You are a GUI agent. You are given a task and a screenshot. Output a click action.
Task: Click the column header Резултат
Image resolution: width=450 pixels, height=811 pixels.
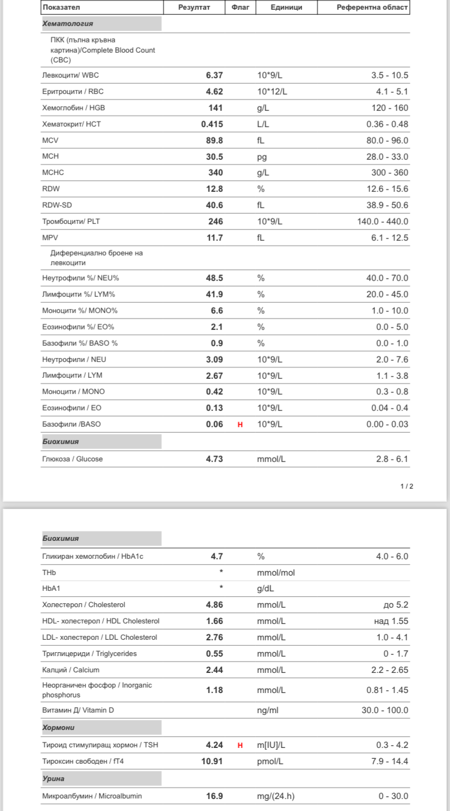point(194,8)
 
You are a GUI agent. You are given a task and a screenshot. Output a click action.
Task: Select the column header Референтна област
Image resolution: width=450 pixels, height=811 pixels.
point(372,8)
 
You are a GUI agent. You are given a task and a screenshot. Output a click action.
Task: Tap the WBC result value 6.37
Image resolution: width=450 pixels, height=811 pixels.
point(214,76)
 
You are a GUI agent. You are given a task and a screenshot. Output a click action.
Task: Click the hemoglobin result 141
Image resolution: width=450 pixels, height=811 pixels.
point(215,108)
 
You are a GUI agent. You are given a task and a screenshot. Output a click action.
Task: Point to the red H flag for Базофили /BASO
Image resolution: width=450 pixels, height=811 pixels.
point(240,425)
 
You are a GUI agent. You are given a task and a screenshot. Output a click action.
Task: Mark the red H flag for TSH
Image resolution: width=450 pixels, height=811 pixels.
point(240,745)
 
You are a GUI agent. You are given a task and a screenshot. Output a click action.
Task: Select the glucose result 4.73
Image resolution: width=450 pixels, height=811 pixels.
point(214,459)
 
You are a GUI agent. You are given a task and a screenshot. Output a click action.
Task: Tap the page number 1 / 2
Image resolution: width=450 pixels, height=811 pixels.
point(407,486)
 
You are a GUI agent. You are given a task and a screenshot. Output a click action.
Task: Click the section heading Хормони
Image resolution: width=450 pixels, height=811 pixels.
point(59,727)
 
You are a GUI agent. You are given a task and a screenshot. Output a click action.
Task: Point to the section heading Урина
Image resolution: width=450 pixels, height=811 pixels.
point(53,778)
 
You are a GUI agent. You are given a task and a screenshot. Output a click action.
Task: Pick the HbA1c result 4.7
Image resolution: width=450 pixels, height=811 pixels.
point(217,557)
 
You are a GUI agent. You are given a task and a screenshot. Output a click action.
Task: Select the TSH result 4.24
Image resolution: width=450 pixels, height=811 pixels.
point(214,745)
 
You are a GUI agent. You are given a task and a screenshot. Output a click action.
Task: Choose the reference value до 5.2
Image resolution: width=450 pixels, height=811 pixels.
point(396,605)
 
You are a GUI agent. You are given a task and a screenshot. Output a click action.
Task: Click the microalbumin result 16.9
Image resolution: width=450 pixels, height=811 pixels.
point(214,796)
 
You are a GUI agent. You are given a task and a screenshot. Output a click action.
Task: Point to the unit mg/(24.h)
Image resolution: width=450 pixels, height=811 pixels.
point(276,796)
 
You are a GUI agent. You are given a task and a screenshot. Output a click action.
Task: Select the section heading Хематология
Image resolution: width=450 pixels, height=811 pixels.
point(68,23)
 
